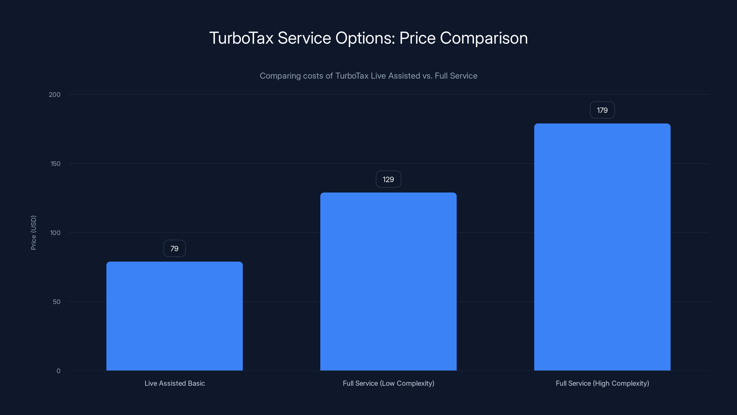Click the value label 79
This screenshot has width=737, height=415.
(x=175, y=248)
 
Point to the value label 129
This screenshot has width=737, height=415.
(x=388, y=179)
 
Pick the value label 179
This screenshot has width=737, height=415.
(x=602, y=110)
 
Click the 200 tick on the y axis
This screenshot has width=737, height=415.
(x=55, y=95)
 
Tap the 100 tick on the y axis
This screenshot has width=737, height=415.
(x=55, y=233)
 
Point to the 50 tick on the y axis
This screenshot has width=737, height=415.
(x=57, y=302)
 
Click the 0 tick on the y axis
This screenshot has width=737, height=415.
(x=58, y=371)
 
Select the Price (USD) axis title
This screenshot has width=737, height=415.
(x=33, y=233)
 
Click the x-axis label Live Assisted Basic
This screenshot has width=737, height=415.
(x=175, y=383)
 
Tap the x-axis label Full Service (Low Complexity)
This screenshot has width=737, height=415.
(x=388, y=383)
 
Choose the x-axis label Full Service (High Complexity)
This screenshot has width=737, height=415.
(x=602, y=383)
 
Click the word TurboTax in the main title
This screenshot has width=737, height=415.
(x=241, y=38)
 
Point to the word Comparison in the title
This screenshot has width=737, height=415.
(x=483, y=38)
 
